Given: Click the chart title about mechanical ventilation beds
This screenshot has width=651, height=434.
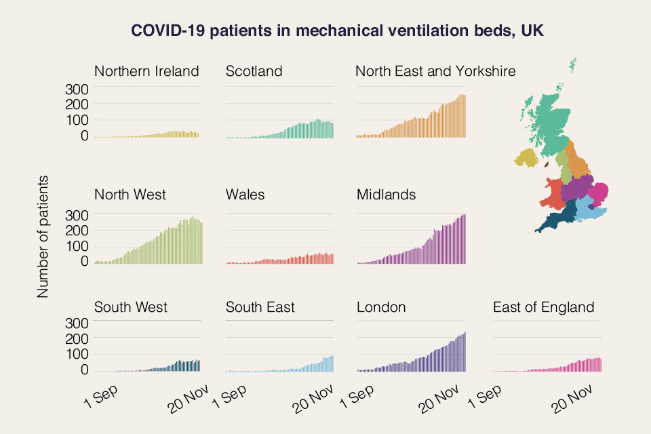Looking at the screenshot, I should coord(337,31).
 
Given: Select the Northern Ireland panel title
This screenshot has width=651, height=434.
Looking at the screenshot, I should coord(146,71).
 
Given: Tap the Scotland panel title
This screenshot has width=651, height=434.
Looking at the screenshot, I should coord(254,71).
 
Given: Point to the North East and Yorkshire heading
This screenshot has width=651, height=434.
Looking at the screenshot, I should coord(435,71).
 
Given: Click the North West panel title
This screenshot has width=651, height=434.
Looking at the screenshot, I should coord(130,195).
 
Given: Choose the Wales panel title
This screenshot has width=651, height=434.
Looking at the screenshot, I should coord(245,195).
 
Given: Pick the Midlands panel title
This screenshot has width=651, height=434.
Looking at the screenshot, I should coord(387,195).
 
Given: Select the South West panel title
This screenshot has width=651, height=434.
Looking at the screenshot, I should coord(131,307).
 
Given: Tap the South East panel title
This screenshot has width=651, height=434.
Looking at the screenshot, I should coord(260,307).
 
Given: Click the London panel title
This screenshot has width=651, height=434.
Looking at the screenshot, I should coord(381,307).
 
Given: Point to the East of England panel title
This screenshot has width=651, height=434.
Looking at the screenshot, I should coord(544,307).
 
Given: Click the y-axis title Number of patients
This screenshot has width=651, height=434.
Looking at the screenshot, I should coord(43,236).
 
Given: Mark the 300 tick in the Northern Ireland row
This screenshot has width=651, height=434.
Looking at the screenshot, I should coord(77,89).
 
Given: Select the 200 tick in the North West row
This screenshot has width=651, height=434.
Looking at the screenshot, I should coord(77,230).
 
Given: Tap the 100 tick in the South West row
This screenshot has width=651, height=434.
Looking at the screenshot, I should coord(77,354).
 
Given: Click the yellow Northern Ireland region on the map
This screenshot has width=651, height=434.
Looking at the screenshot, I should coord(526,159).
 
